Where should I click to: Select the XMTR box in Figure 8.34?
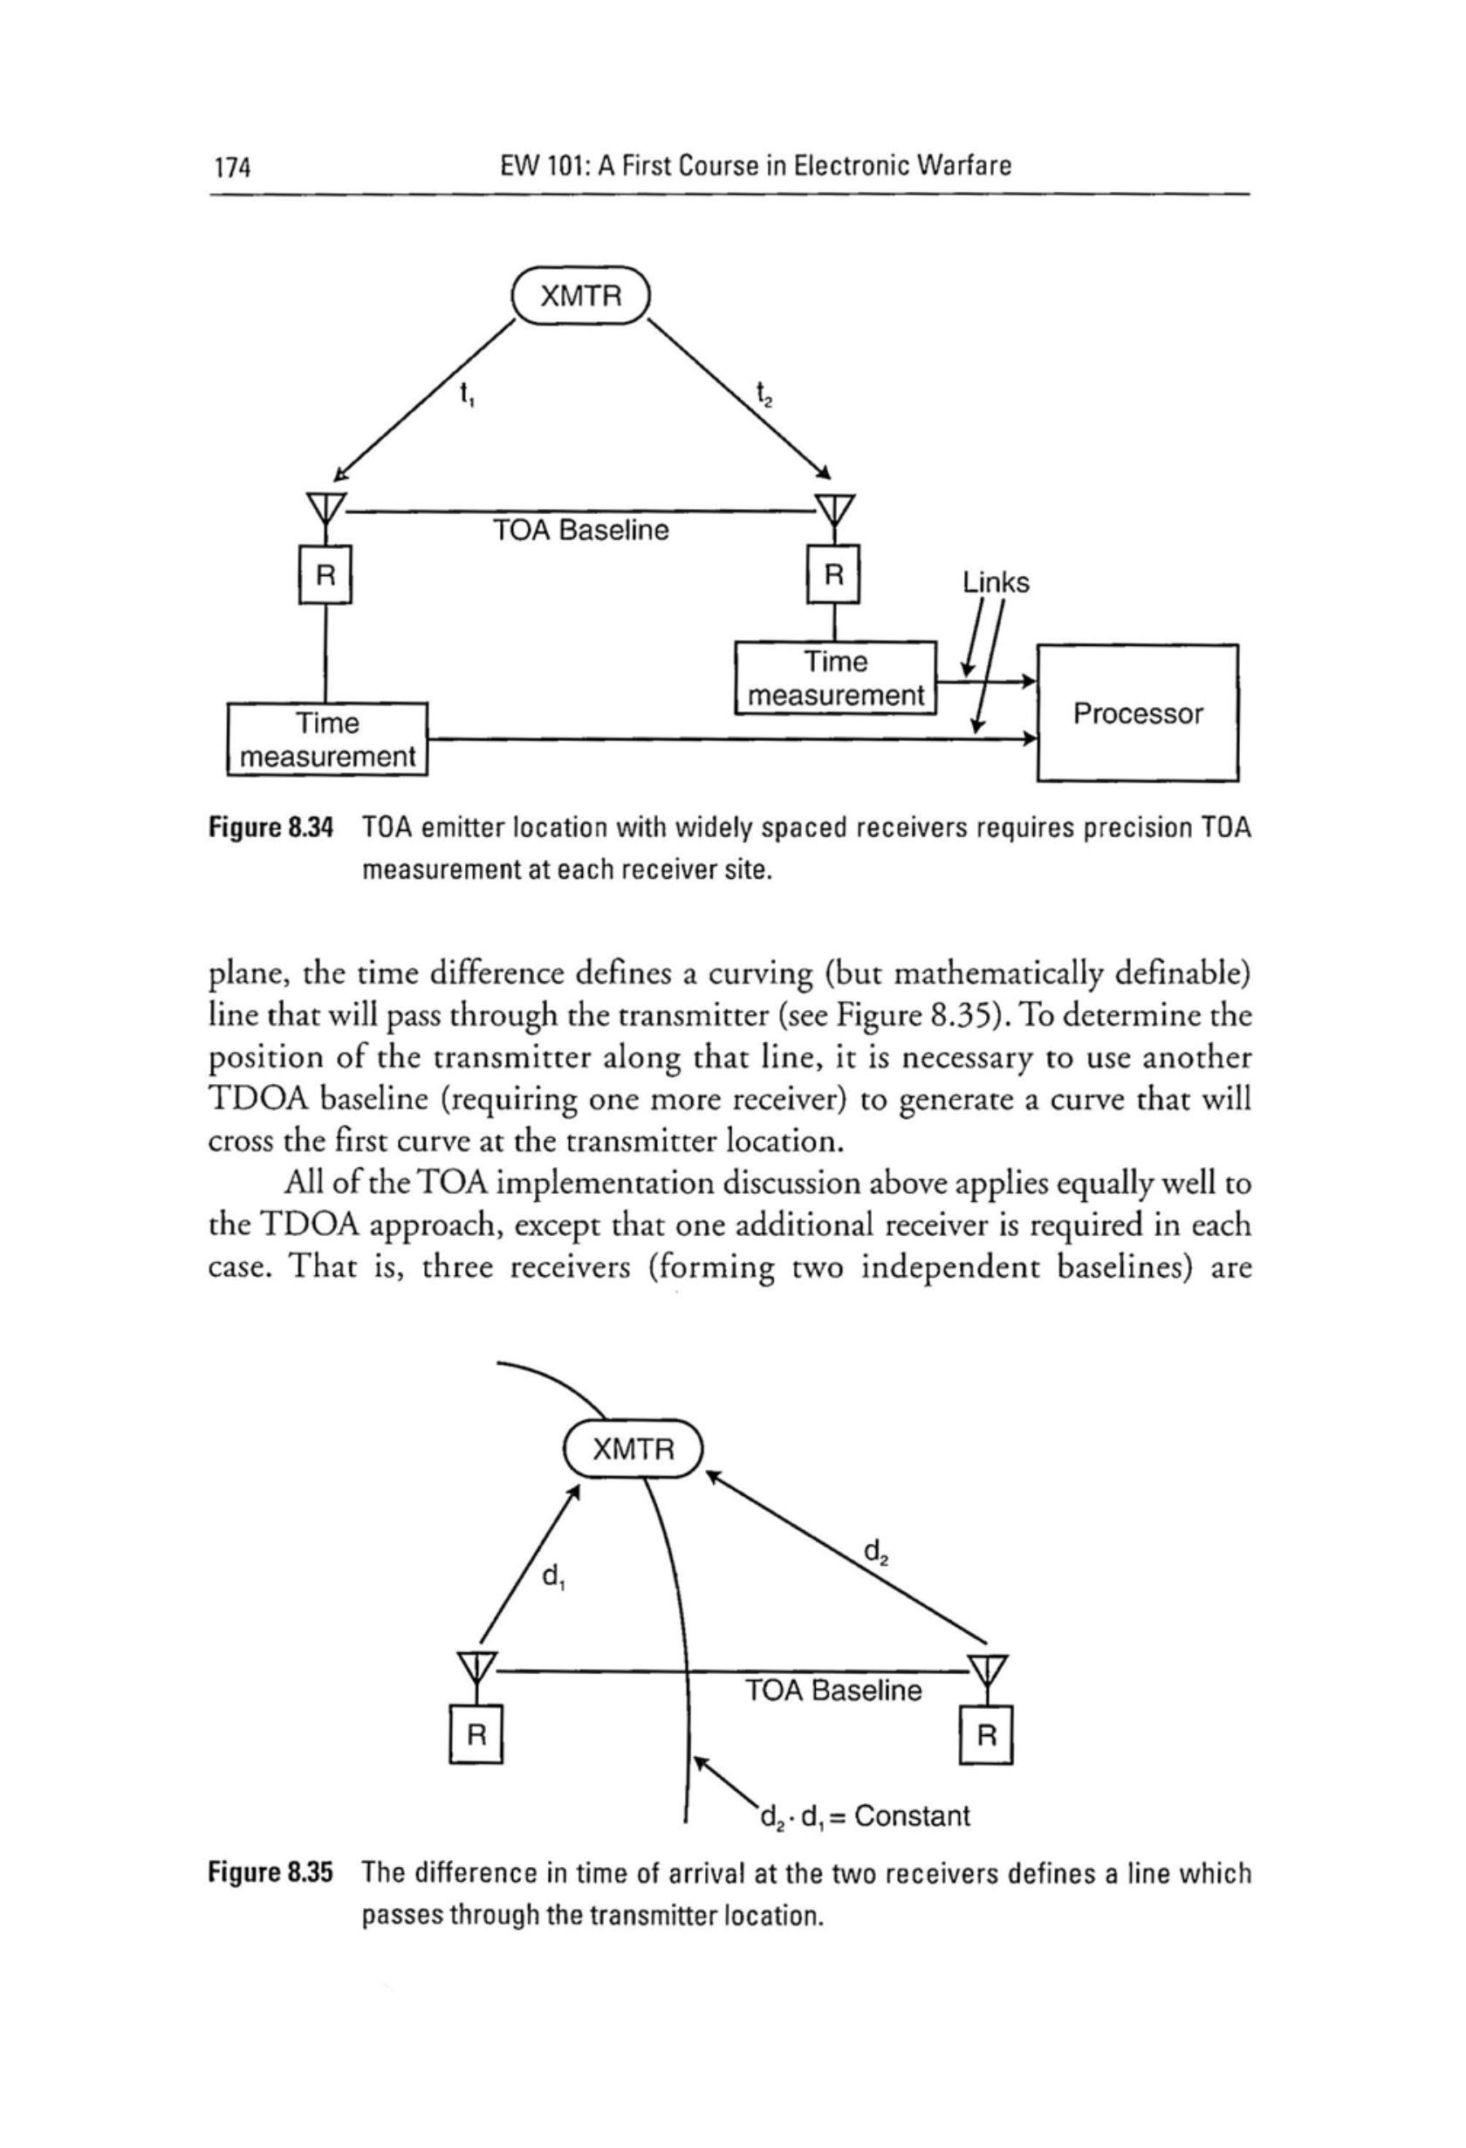(x=580, y=296)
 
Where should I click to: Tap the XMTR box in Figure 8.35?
(x=634, y=1448)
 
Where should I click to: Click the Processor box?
(x=1137, y=714)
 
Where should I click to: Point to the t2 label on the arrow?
(x=764, y=395)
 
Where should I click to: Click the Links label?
(x=996, y=582)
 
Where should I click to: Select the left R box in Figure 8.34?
(x=325, y=576)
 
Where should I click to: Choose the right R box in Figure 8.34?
(x=833, y=576)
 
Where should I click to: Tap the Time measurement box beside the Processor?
(x=836, y=678)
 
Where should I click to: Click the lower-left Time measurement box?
(x=327, y=739)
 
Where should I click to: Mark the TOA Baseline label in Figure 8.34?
(x=580, y=532)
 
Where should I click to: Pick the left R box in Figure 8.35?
(x=475, y=1735)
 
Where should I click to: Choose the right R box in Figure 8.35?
(x=987, y=1735)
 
